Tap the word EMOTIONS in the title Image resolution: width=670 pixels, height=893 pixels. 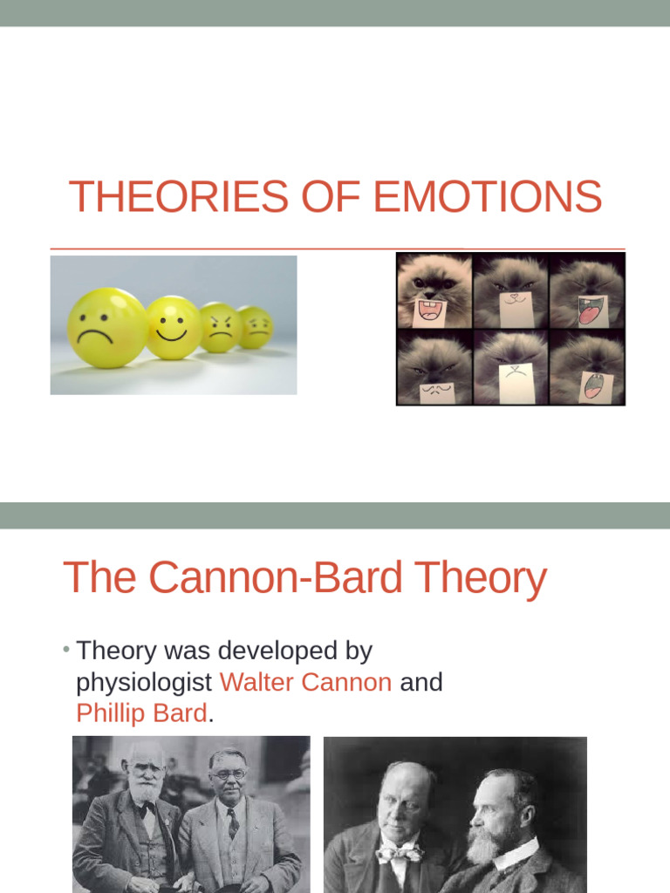point(487,196)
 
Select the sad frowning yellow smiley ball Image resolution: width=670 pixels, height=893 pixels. point(107,327)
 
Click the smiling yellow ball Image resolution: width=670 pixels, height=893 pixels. point(173,327)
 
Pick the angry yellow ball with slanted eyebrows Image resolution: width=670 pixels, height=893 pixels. point(222,328)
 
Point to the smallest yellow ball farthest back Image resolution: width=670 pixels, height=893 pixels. point(256,327)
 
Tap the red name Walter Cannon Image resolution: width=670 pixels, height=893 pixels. point(305,682)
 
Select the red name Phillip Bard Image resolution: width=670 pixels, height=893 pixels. point(141,712)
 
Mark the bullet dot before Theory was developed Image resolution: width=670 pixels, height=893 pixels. point(67,651)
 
